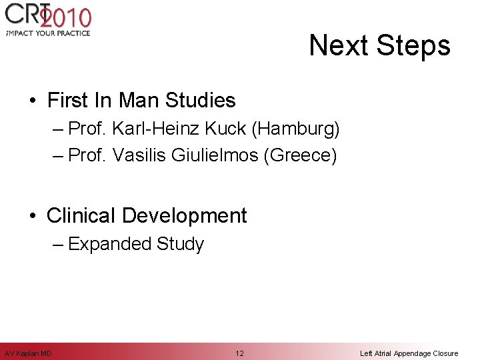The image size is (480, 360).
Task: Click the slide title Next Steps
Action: tap(379, 46)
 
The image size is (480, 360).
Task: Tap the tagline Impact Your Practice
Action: tap(47, 33)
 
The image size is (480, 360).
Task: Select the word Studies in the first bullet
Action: tap(201, 101)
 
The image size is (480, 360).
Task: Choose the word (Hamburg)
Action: tap(292, 128)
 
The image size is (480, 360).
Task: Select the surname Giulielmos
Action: tap(215, 155)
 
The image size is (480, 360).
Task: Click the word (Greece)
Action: tap(301, 155)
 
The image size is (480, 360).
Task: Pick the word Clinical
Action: tap(82, 216)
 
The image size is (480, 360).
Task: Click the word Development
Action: tap(185, 216)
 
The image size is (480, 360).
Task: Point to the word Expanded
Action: tap(110, 244)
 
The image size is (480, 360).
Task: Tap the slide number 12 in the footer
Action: tap(239, 353)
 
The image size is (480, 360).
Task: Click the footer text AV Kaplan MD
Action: tap(28, 353)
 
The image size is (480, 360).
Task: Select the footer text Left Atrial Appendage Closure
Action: tap(409, 353)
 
